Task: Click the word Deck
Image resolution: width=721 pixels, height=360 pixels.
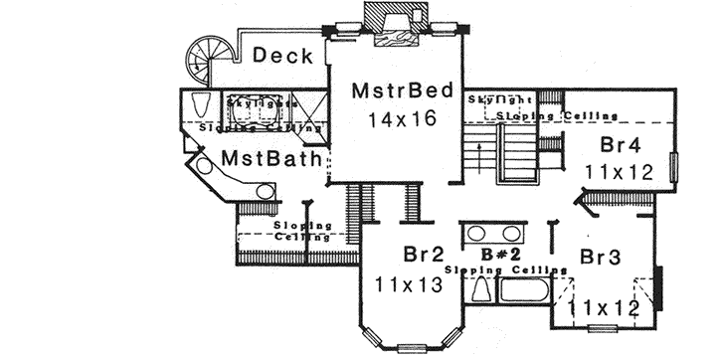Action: (282, 56)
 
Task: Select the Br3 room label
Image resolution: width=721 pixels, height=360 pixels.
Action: (601, 257)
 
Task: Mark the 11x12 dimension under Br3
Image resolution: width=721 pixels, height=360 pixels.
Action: (603, 307)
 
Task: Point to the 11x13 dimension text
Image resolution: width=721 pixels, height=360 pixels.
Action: (409, 285)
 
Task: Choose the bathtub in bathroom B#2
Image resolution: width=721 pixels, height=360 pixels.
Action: (523, 293)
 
